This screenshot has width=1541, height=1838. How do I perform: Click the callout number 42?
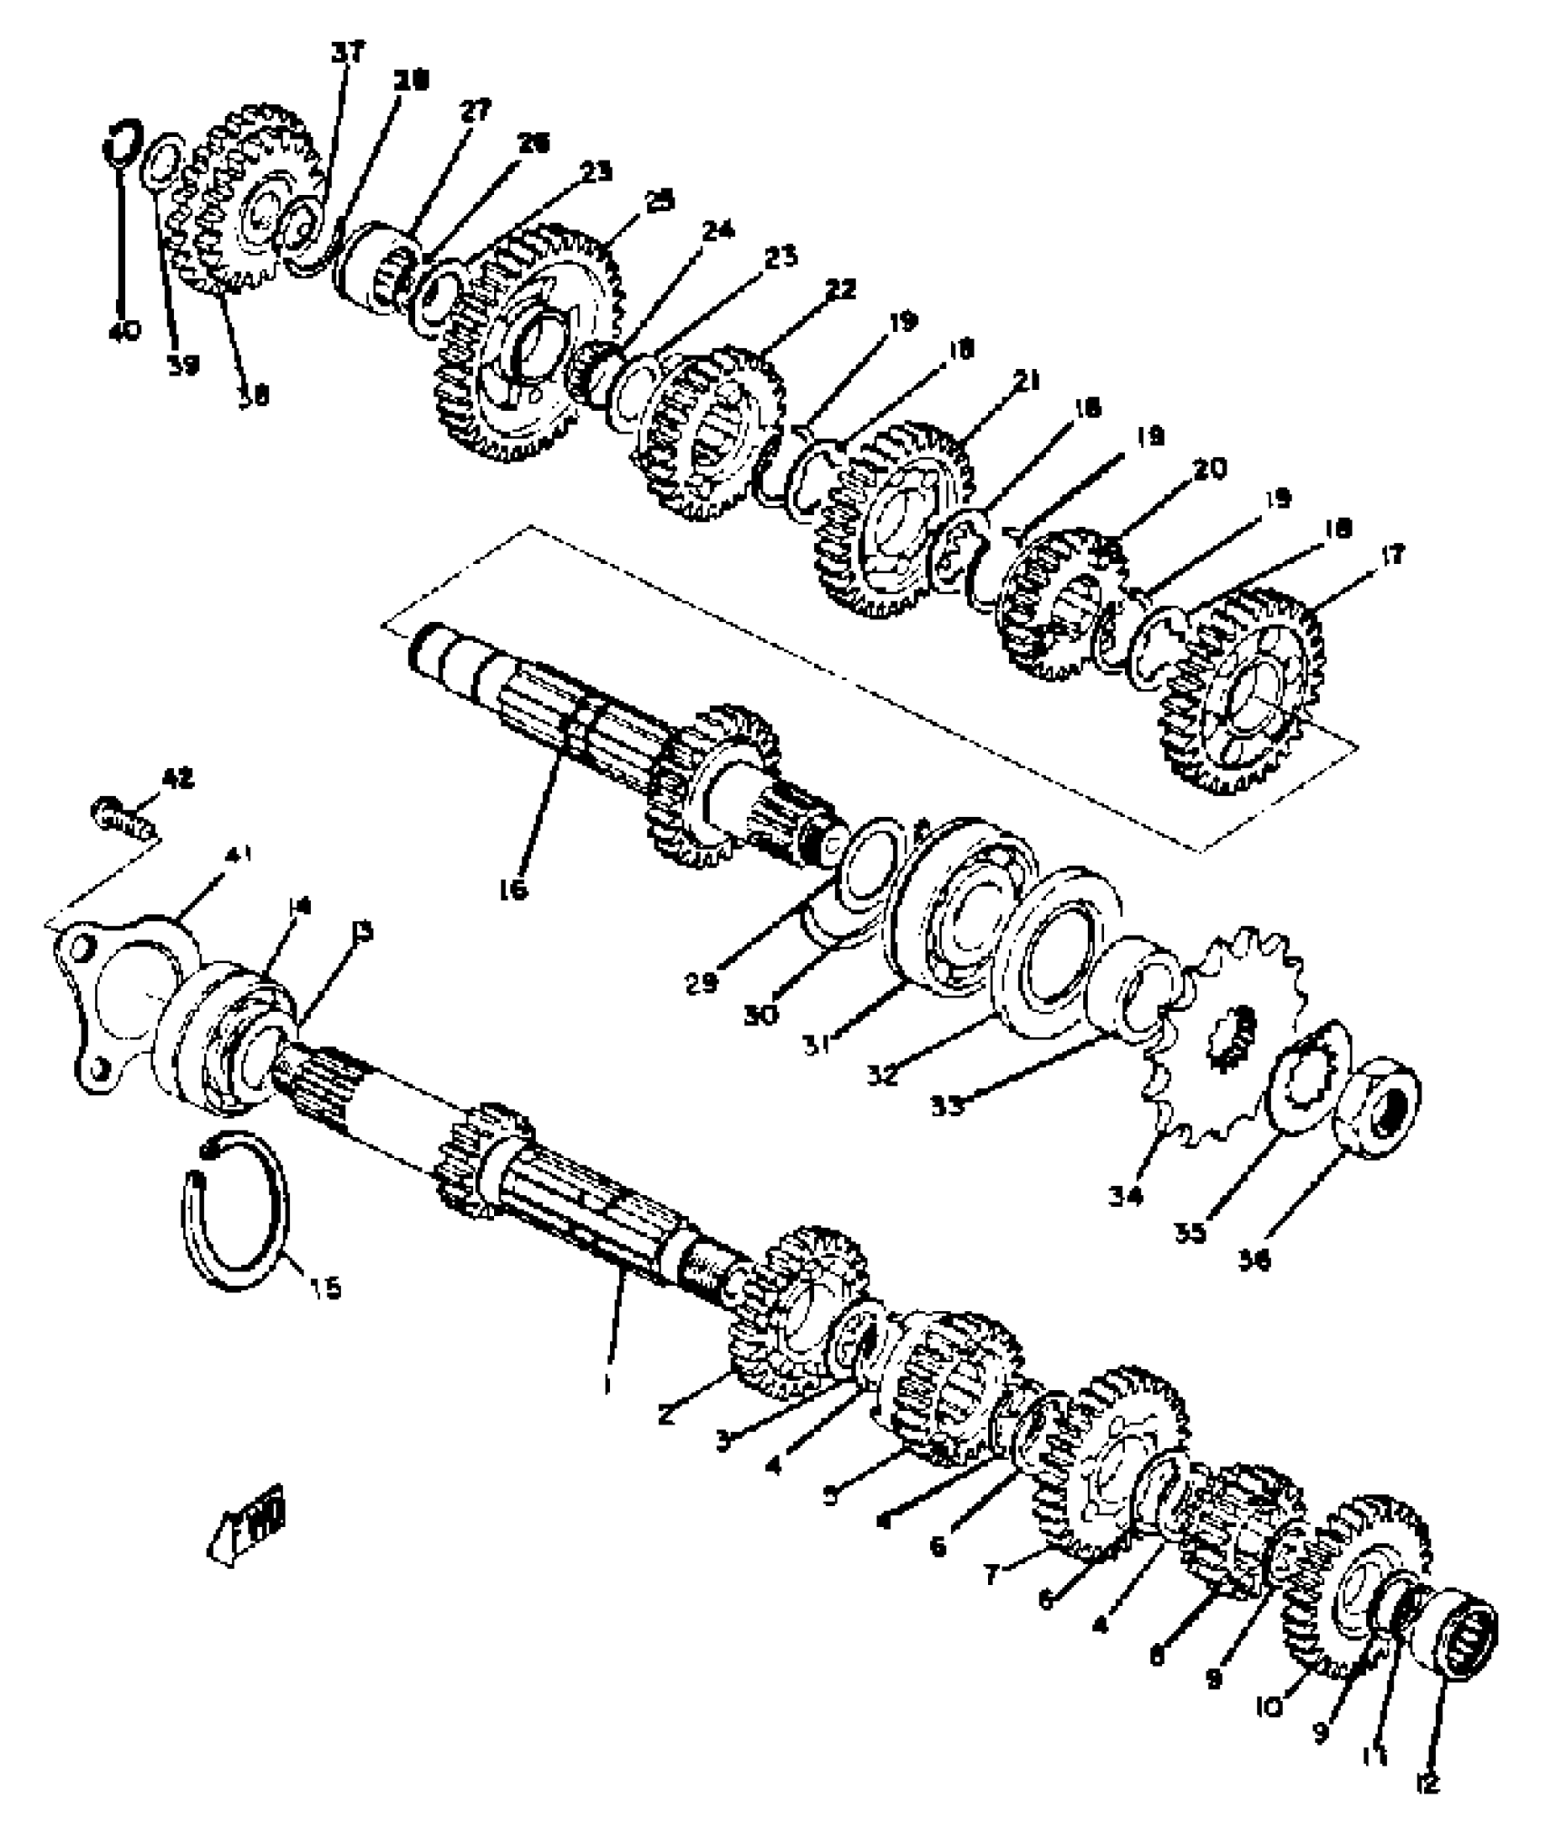click(178, 778)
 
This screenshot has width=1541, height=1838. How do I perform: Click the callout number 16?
click(513, 890)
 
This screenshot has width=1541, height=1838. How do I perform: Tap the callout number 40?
click(125, 332)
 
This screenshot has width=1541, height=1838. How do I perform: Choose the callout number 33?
click(948, 1106)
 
